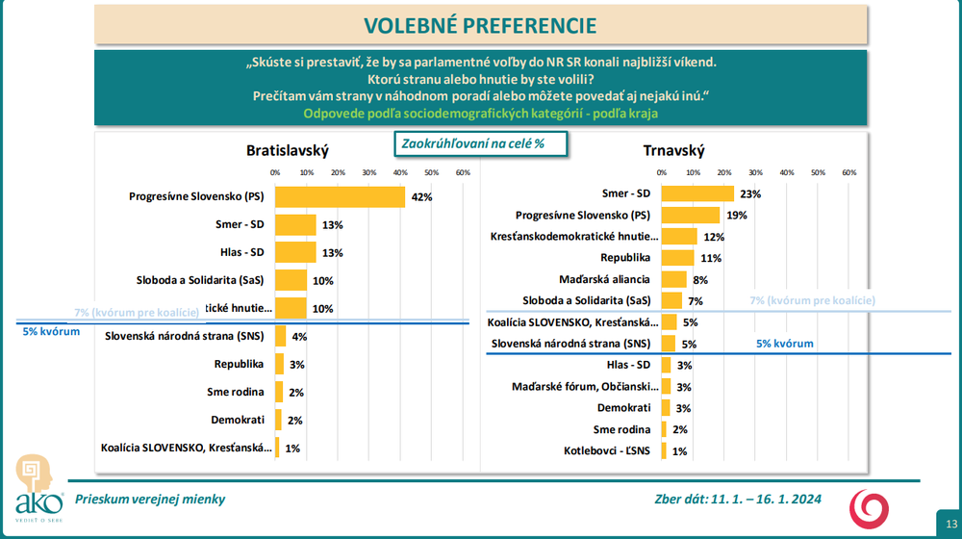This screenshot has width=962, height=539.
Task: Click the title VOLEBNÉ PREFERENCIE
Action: tap(480, 25)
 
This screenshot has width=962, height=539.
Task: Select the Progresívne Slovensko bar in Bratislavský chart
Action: tap(340, 196)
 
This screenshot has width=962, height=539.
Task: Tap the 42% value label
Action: tap(421, 197)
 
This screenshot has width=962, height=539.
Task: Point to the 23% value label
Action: tap(750, 194)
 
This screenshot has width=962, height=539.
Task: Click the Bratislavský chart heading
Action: tap(288, 150)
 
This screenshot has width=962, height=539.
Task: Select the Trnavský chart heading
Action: tap(673, 150)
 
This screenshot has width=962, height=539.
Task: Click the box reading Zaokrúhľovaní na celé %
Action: tap(481, 142)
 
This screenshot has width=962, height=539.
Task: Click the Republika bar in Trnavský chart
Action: tap(678, 258)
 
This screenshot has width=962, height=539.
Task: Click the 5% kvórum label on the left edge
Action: tap(51, 331)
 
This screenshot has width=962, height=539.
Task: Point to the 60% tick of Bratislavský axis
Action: tap(463, 172)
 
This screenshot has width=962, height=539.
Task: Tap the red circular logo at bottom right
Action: tap(868, 507)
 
